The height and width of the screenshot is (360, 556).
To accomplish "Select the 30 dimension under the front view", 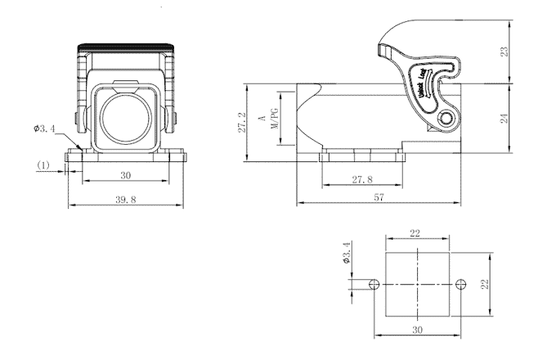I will click(x=125, y=175).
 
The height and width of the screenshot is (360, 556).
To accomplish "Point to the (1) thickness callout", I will click(x=44, y=165).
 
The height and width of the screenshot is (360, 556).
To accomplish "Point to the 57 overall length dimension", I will click(x=379, y=197).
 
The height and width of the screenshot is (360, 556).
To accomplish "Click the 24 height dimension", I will click(x=506, y=118).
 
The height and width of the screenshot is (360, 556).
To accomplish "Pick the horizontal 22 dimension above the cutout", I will click(x=415, y=234).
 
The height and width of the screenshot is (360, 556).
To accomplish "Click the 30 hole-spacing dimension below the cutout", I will click(x=415, y=331).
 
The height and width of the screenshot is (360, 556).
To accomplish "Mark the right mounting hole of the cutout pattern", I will click(x=460, y=285).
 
